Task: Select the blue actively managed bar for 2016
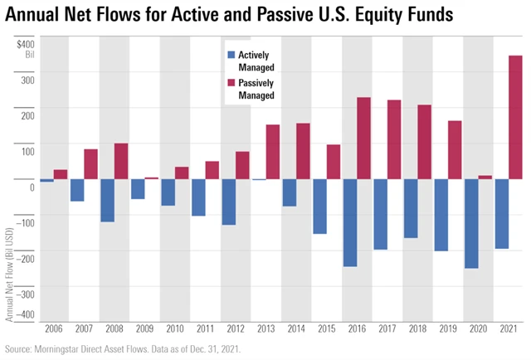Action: (349, 222)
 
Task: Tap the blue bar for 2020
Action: (471, 223)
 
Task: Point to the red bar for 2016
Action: (363, 138)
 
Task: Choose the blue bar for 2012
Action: (228, 202)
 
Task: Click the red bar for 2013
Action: (272, 151)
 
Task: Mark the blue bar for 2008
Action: (107, 200)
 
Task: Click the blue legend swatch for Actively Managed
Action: (231, 56)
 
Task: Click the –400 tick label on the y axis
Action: (26, 314)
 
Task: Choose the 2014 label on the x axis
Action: (296, 330)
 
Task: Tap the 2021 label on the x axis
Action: (509, 330)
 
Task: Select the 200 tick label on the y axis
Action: (27, 114)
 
